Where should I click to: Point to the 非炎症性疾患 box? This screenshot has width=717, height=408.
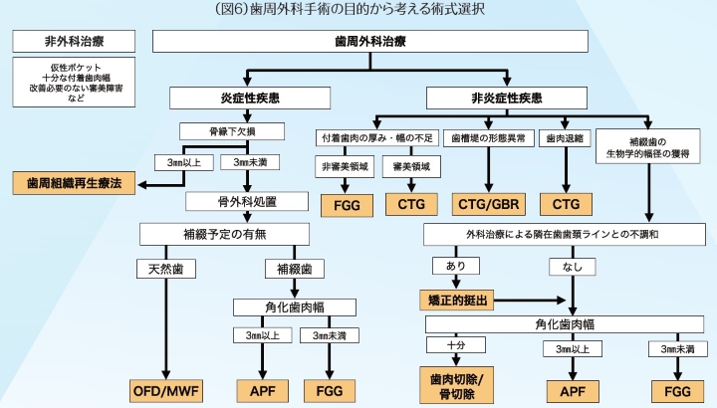[506, 99]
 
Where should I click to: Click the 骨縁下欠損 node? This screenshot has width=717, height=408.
[232, 130]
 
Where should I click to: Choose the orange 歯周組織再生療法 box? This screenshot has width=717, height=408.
[74, 184]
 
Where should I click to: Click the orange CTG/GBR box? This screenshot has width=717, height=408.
[488, 204]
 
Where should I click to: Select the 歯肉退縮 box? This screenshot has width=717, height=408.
[564, 138]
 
